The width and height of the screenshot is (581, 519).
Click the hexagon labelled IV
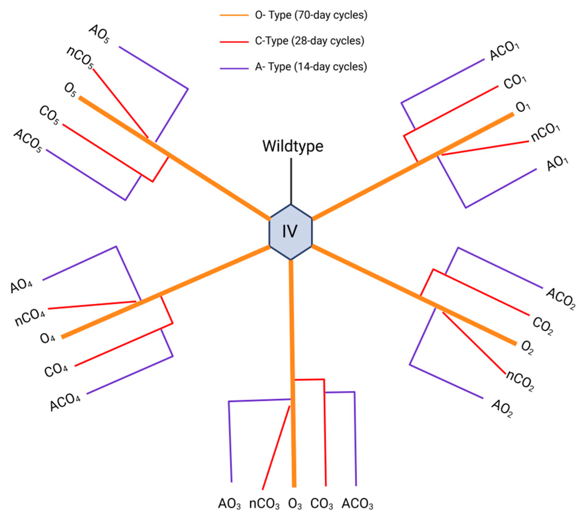pos(290,232)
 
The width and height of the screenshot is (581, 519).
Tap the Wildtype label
pos(292,146)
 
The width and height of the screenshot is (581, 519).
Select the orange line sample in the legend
pos(234,15)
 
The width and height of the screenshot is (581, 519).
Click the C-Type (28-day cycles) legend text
pos(309,41)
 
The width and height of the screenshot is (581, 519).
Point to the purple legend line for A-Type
pos(234,68)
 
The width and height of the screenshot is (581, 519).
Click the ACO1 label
pos(504,51)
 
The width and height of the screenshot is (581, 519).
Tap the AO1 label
pos(557,163)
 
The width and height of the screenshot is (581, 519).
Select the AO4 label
pos(21,285)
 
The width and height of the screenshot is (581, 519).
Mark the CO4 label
pos(56,370)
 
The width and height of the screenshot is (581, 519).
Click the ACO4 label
pos(65,402)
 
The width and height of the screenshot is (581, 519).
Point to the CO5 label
pos(49,115)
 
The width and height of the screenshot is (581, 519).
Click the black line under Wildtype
pos(291,181)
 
